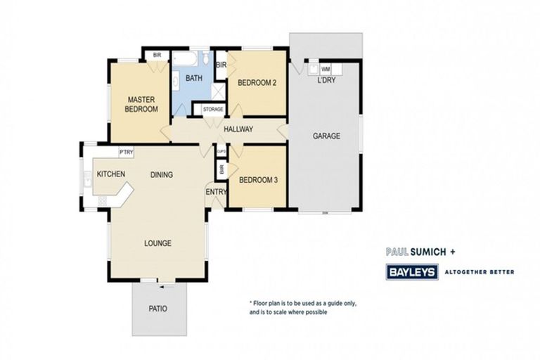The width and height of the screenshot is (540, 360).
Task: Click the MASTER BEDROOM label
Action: point(141,104)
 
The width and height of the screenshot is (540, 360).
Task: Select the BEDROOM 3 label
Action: point(258,179)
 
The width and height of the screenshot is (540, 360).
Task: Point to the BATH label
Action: point(193,78)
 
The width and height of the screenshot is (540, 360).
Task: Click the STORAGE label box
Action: point(212,110)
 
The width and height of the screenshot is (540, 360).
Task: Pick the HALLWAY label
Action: point(238,129)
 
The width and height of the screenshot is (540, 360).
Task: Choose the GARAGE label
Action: point(326,136)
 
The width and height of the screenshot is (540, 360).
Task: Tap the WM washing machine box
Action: point(326,70)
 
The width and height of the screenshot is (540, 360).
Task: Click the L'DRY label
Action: point(326,80)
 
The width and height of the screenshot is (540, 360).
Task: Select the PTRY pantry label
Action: point(127,152)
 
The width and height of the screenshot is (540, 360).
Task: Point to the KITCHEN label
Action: point(111,174)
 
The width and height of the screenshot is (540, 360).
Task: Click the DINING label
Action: point(162,174)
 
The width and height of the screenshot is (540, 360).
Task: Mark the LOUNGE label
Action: point(157,243)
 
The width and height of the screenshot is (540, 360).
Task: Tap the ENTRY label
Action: point(214,192)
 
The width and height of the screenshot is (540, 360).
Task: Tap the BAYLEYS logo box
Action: point(412,271)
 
